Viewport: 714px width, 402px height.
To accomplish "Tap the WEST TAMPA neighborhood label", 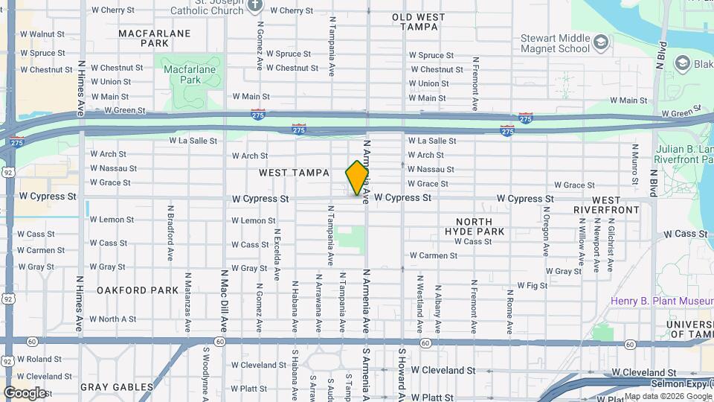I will click(294, 173).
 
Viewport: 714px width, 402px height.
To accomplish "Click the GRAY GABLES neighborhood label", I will click(116, 387).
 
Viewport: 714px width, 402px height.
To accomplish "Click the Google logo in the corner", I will click(25, 392).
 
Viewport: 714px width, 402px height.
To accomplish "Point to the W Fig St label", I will click(532, 285).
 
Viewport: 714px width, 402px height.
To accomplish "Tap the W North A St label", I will click(112, 319).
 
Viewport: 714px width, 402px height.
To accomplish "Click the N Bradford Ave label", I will click(170, 232).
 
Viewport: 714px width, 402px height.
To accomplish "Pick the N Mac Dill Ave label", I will click(223, 299).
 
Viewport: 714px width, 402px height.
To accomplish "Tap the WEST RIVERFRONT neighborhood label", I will click(606, 205).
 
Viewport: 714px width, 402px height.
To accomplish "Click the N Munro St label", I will click(634, 163).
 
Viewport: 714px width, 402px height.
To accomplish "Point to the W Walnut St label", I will click(42, 34).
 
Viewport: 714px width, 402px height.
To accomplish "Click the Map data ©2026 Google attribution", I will click(667, 396).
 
